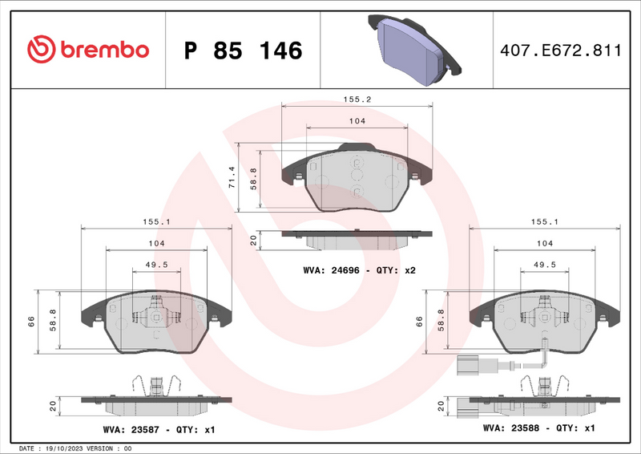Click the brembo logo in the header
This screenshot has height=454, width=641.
click(x=88, y=50)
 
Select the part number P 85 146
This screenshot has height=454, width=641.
click(x=244, y=51)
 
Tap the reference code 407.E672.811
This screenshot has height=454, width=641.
click(x=559, y=51)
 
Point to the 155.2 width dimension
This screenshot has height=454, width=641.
click(x=357, y=101)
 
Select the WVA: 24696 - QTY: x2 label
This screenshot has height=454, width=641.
click(x=359, y=270)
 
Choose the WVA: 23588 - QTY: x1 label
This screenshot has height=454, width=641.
click(x=538, y=428)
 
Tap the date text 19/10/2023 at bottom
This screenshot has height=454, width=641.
click(x=72, y=448)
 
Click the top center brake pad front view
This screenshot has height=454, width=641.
click(x=357, y=181)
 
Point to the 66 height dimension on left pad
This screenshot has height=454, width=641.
click(x=31, y=321)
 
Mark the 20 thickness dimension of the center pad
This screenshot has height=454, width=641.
click(x=253, y=239)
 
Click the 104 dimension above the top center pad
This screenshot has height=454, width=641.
click(x=357, y=120)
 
